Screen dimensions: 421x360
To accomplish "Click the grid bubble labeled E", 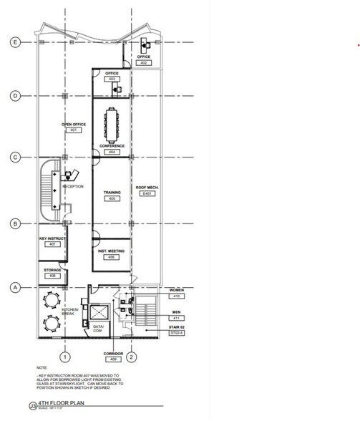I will [x=14, y=42].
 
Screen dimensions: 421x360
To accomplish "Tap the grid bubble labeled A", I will [x=14, y=288].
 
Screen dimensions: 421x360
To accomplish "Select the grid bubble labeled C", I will [x=14, y=158].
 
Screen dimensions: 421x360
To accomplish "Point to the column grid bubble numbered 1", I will [x=64, y=356].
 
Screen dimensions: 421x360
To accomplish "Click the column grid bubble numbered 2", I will [x=133, y=356].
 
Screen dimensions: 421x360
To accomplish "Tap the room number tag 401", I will [x=74, y=131].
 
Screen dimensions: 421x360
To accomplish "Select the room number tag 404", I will [x=112, y=153].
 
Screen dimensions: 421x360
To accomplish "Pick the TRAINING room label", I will [x=112, y=192].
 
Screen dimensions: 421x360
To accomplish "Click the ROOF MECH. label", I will [x=147, y=187].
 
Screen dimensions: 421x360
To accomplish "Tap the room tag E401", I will [x=147, y=193].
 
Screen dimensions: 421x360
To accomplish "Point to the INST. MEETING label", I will [x=112, y=251].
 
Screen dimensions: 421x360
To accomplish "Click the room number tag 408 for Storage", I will [x=52, y=276].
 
